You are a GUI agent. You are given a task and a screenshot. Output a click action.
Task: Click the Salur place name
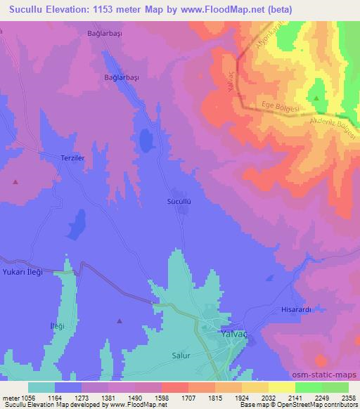(x=181, y=356)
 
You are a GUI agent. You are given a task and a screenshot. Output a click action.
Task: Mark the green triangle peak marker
(x=316, y=98)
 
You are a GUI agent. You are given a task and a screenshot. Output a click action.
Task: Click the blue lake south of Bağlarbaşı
(x=146, y=141)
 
